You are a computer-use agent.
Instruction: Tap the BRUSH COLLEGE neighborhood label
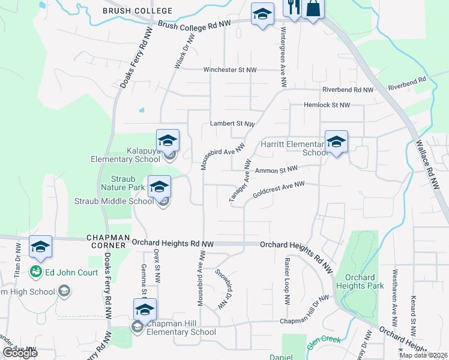click(x=137, y=11)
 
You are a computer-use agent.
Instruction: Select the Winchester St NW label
click(x=230, y=70)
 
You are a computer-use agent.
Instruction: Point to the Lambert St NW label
click(x=232, y=124)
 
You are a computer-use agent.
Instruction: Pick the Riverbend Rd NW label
click(x=348, y=89)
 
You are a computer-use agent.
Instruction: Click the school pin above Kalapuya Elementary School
click(x=168, y=141)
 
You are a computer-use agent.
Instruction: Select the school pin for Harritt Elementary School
click(x=336, y=142)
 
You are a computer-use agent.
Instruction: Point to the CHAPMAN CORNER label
click(x=107, y=241)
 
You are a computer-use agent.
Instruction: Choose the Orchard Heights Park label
click(x=360, y=281)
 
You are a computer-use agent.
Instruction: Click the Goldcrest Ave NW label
click(x=279, y=190)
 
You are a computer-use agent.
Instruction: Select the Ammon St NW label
click(x=276, y=171)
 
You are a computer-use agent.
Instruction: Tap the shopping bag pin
click(x=313, y=8)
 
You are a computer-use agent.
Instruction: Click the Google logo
click(x=20, y=352)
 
